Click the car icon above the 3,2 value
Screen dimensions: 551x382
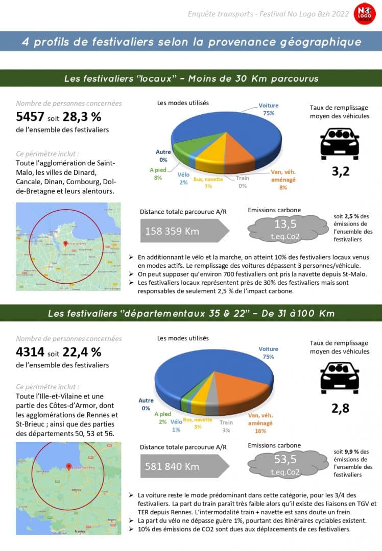[x=340, y=143]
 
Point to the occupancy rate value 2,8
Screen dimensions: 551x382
[x=340, y=408]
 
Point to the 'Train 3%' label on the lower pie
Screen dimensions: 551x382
[x=226, y=426]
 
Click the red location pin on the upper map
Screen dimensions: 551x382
[x=65, y=243]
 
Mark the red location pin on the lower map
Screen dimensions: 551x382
[x=68, y=466]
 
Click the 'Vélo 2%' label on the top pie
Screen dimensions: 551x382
[x=184, y=179]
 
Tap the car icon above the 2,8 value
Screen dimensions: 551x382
[x=340, y=378]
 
